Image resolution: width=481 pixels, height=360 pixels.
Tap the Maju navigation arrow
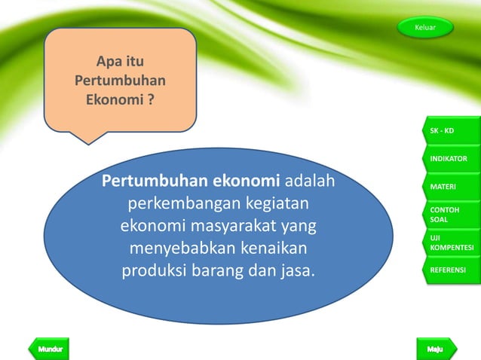[x=436, y=349]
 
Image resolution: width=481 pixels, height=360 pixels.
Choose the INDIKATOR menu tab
[x=450, y=159]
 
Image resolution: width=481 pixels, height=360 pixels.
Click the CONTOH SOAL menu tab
[x=450, y=214]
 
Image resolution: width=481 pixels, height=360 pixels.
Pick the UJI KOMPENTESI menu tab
[x=451, y=243]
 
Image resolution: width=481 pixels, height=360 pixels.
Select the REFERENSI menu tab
[x=450, y=270]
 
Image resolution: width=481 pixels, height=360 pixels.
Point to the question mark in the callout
[x=152, y=99]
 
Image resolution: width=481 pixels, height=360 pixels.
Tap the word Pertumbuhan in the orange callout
[x=121, y=80]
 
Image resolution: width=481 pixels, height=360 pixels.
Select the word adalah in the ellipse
[x=311, y=182]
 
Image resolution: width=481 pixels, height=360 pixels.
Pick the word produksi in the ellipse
[x=153, y=270]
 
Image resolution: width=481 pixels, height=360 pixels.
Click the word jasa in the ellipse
[x=294, y=270]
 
